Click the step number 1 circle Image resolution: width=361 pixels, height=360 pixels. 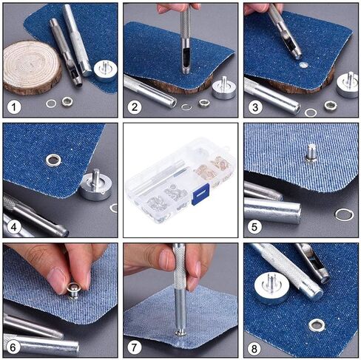pos(13,106)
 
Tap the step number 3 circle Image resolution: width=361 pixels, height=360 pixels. pos(254,106)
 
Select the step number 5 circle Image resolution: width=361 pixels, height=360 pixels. pos(254,226)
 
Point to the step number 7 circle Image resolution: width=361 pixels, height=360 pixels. pos(134,346)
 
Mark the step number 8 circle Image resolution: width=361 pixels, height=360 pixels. pos(254,346)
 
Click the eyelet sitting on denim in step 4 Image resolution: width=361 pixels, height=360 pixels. pos(53,158)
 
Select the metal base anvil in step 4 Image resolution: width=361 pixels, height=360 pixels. pos(95,185)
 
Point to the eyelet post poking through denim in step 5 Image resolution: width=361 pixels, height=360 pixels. pos(311,153)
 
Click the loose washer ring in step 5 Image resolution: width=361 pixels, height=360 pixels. pos(344,215)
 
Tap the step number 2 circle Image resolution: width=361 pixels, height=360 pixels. pos(134,106)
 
